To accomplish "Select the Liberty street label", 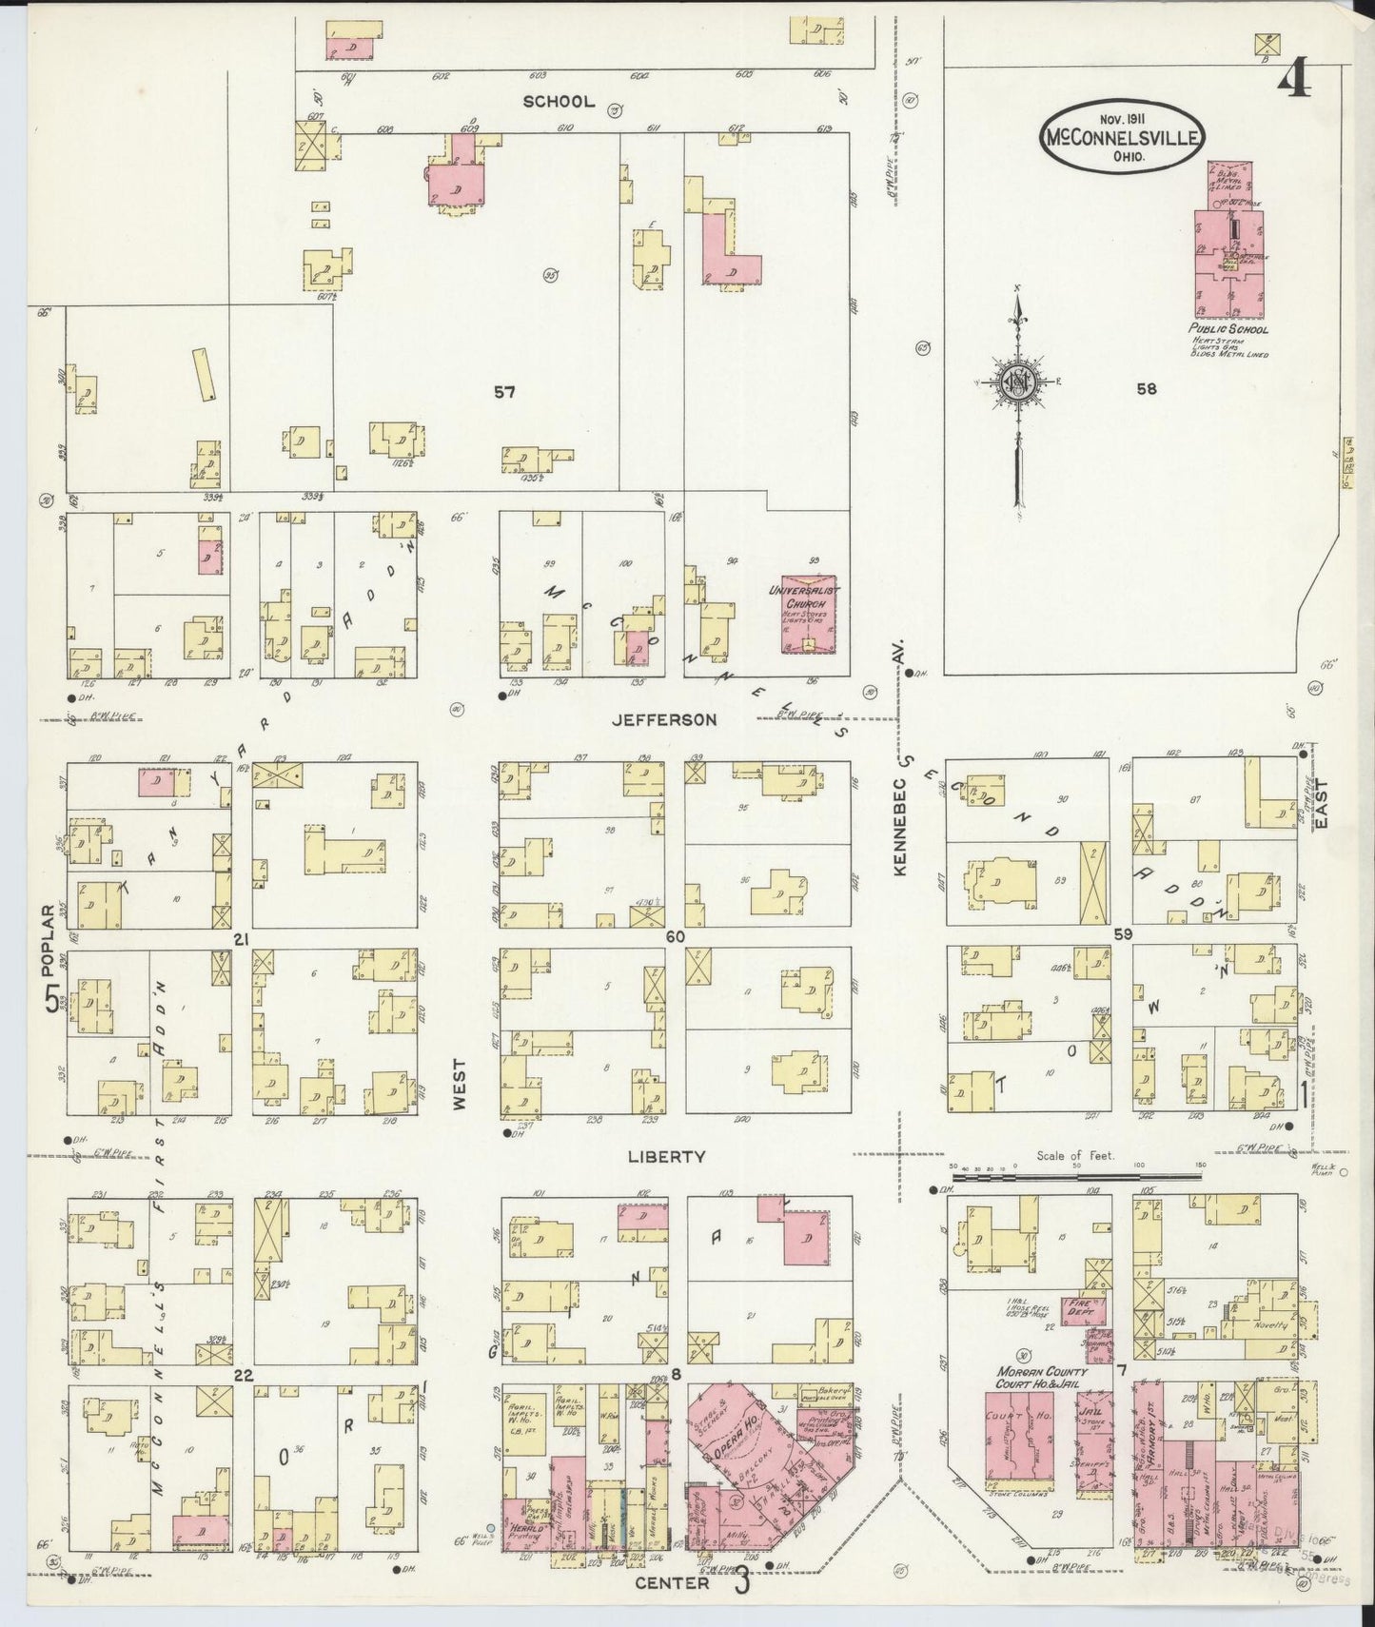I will click(666, 1156).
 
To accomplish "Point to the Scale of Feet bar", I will click(1075, 1177).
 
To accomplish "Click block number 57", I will click(504, 391).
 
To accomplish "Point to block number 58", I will click(1146, 388).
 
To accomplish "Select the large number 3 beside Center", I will click(742, 1582).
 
